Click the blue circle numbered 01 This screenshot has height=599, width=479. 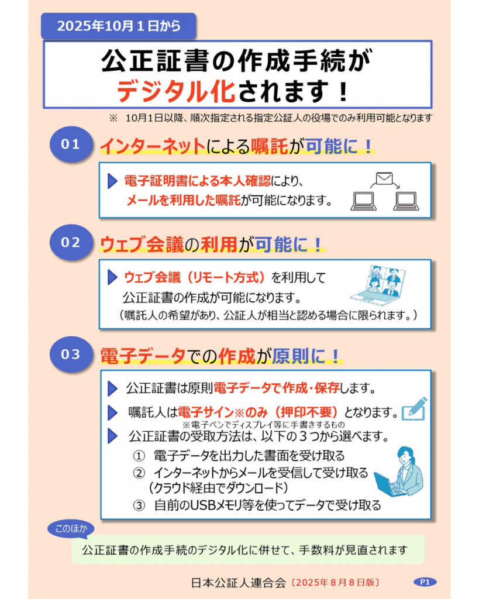click(x=71, y=144)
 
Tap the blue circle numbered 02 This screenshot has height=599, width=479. click(x=71, y=243)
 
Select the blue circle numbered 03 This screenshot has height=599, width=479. click(x=71, y=354)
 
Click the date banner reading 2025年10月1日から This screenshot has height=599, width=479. click(x=118, y=26)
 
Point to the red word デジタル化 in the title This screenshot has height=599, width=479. click(x=175, y=92)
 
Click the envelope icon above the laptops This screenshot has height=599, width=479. click(x=384, y=178)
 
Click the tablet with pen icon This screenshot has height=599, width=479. click(x=415, y=409)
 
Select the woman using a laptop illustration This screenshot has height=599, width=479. click(x=398, y=472)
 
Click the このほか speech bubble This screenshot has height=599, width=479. click(x=71, y=529)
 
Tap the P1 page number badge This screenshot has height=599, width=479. click(x=425, y=582)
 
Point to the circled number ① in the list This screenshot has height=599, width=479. click(x=139, y=456)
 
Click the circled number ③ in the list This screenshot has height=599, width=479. click(x=139, y=505)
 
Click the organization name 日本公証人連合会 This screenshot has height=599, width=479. click(x=239, y=583)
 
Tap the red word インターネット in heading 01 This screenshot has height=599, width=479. click(x=153, y=146)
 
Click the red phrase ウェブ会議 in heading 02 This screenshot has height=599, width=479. click(x=142, y=245)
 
